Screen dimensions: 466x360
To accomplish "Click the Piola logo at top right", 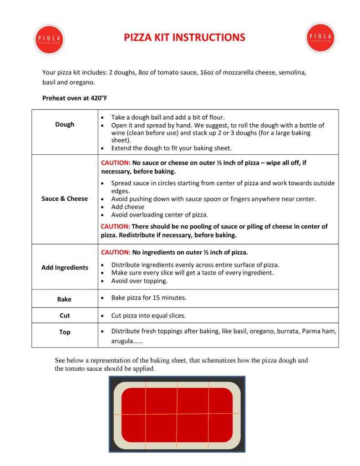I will pos(320,37).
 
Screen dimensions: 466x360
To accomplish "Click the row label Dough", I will pos(65,124).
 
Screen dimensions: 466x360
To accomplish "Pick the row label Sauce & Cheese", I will pos(65,198).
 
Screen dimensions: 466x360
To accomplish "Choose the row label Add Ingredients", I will pos(65,267).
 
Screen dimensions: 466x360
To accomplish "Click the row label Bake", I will pos(64,299).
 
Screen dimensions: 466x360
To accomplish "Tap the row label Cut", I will pos(65,315).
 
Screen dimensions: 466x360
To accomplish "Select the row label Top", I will pos(65,332).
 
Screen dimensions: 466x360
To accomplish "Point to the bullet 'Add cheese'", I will pos(127,207).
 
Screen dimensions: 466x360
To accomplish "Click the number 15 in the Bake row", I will pos(152,298).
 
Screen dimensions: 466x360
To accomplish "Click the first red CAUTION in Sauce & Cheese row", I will pos(116,162).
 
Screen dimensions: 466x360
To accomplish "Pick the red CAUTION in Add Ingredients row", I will pos(116,252).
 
